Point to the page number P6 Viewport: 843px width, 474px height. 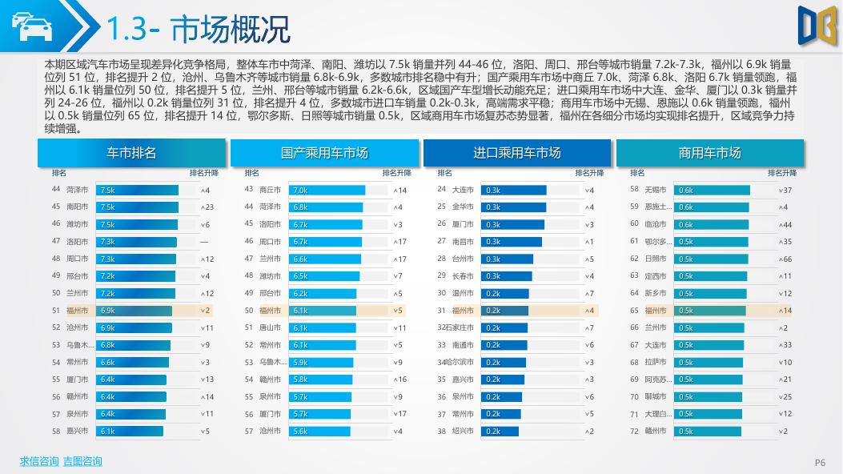pyautogui.click(x=820, y=462)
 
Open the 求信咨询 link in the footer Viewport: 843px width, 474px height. pyautogui.click(x=39, y=461)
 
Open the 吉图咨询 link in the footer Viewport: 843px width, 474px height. pyautogui.click(x=82, y=461)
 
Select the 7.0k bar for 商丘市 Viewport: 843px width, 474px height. pyautogui.click(x=327, y=191)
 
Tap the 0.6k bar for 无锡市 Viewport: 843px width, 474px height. pyautogui.click(x=712, y=191)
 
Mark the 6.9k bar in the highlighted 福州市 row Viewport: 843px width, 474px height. pyautogui.click(x=134, y=311)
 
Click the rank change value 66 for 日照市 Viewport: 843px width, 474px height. pyautogui.click(x=785, y=259)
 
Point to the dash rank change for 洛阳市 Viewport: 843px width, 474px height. pyautogui.click(x=205, y=242)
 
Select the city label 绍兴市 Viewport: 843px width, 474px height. pyautogui.click(x=463, y=432)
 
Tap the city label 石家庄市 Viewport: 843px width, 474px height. pyautogui.click(x=460, y=328)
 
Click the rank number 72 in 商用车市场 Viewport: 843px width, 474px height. pyautogui.click(x=634, y=432)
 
